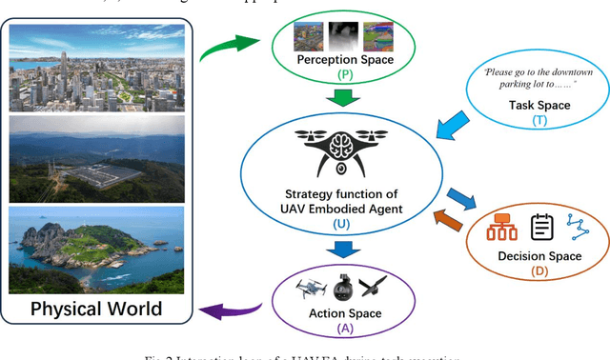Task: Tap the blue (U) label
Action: (x=340, y=223)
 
